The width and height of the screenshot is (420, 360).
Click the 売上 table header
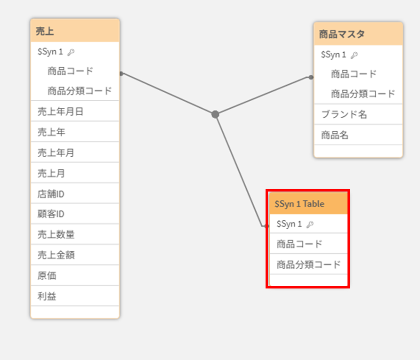[75, 31]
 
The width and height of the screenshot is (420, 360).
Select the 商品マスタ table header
[358, 34]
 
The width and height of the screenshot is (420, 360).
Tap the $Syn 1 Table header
[308, 204]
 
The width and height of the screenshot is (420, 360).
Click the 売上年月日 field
[75, 111]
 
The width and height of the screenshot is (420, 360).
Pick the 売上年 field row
[75, 132]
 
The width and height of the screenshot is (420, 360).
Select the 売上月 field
[75, 173]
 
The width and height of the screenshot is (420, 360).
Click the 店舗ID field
[75, 193]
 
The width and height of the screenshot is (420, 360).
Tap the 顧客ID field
[75, 214]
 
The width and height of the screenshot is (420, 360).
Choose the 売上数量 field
[75, 234]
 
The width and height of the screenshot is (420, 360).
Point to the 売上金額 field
[75, 255]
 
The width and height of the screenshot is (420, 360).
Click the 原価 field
[75, 275]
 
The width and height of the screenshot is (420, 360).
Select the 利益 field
[75, 296]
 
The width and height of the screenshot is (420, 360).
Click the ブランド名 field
[358, 114]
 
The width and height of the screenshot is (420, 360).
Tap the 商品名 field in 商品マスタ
[358, 135]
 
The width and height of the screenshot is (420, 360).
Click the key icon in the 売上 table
[71, 52]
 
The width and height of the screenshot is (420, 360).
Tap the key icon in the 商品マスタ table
[355, 55]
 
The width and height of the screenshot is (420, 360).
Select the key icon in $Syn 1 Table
[310, 224]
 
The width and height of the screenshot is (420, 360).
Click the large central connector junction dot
[215, 114]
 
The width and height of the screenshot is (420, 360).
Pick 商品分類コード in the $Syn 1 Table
[308, 264]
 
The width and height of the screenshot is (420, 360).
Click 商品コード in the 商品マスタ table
[354, 74]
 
